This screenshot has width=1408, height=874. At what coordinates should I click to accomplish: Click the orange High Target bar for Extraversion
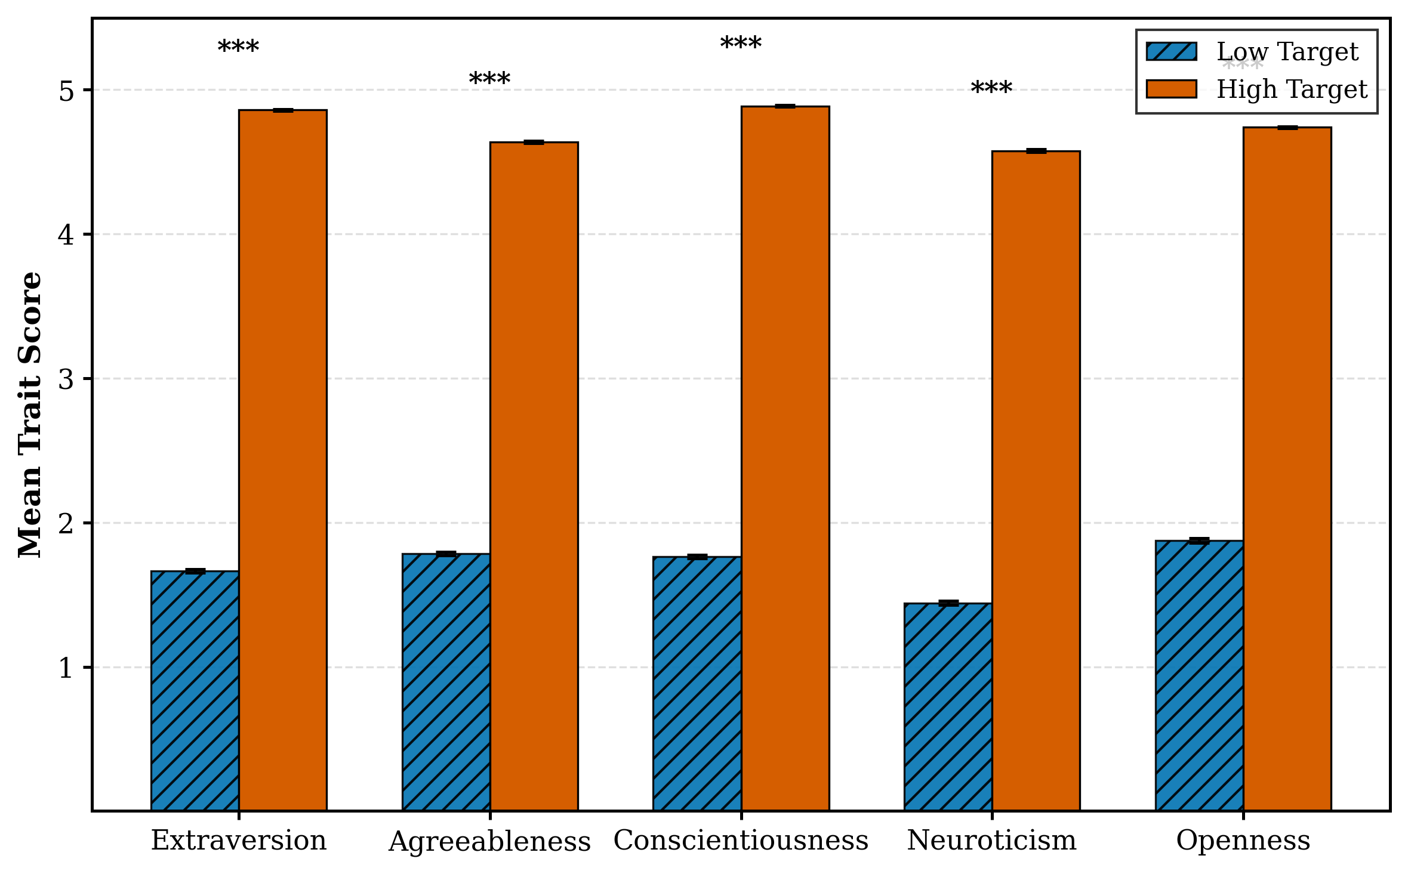point(282,459)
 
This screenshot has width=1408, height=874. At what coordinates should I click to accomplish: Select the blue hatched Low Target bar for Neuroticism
point(948,707)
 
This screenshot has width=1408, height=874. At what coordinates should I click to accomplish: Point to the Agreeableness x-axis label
point(489,842)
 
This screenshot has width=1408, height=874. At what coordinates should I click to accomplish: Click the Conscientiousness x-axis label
point(741,841)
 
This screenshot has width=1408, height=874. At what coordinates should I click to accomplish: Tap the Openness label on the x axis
point(1243,841)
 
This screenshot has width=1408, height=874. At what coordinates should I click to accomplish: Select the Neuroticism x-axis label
point(991,841)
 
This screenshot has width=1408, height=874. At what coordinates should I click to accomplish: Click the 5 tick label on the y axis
point(66,91)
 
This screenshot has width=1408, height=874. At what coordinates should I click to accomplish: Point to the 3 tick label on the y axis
point(66,379)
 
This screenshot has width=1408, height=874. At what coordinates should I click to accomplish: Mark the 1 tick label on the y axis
point(66,668)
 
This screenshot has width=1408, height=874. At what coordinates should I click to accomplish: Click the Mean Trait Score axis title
point(30,415)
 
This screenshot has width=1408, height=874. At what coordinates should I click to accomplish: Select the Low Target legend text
point(1287,52)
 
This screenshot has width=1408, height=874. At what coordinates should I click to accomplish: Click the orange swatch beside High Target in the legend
point(1171,89)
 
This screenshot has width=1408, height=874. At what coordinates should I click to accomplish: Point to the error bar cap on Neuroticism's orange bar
point(1036,151)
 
